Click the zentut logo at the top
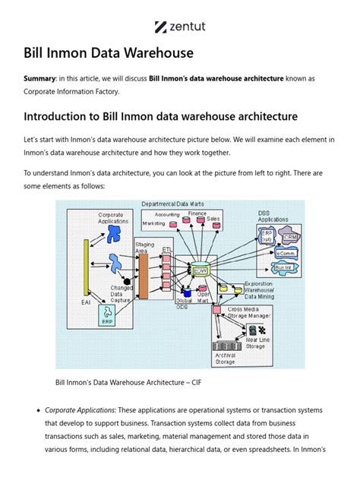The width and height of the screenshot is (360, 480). click(x=180, y=27)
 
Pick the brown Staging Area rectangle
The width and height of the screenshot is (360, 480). click(x=143, y=276)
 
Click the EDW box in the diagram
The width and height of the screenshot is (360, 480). click(x=201, y=270)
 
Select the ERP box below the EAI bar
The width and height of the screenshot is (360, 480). click(x=107, y=322)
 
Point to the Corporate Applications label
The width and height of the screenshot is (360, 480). click(x=115, y=218)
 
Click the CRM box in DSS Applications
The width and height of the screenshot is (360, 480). click(x=289, y=238)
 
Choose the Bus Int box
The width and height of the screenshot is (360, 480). click(x=283, y=267)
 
